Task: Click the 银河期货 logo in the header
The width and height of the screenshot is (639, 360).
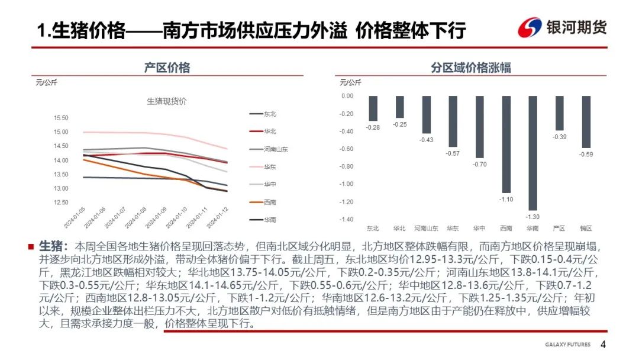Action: (562, 27)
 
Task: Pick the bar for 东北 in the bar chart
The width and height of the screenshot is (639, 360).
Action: (373, 108)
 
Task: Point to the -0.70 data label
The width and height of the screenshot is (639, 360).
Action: (479, 164)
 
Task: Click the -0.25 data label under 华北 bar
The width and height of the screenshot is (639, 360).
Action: (400, 124)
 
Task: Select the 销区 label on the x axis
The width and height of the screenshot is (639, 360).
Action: (586, 228)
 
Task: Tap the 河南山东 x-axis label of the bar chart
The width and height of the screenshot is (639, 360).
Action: (427, 228)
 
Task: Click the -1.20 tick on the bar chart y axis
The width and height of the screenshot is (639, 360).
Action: (347, 201)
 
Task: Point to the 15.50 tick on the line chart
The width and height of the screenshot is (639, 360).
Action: (61, 118)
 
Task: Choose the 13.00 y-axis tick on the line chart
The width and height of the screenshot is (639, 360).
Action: (61, 189)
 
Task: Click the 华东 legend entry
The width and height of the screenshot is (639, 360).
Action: (270, 167)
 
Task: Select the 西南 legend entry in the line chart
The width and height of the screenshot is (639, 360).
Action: (270, 202)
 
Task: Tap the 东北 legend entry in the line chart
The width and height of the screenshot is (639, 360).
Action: (270, 114)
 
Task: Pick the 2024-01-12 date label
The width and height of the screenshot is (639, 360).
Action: (220, 217)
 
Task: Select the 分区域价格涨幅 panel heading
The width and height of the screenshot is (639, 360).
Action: (471, 68)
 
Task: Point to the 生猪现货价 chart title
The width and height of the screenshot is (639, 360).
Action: (166, 101)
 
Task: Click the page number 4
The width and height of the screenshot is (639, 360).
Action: (603, 345)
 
